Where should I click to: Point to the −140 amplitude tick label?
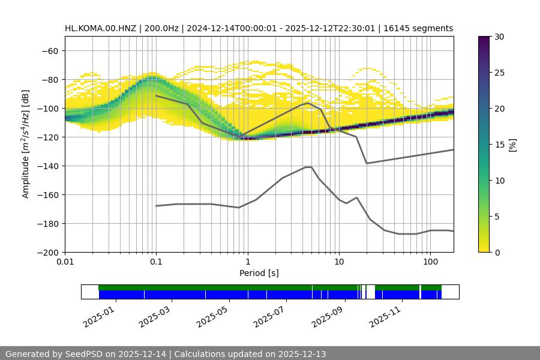point(48,166)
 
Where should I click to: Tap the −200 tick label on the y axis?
point(48,252)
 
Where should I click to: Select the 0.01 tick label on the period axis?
point(65,262)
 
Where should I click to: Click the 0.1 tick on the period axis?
point(156,262)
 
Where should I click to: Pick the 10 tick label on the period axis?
point(339,262)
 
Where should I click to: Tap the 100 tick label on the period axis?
point(430,262)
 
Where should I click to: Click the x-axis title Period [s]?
point(259,274)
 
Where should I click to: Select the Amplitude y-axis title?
point(26,144)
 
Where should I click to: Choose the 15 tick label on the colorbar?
point(497,145)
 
